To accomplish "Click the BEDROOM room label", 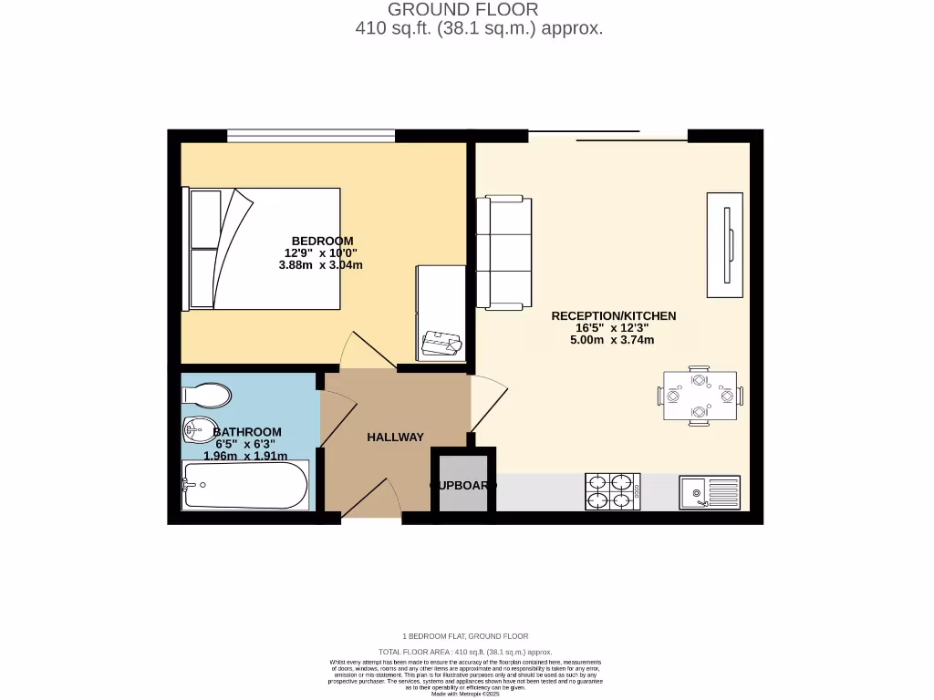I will [x=322, y=241].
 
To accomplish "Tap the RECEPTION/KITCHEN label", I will [x=614, y=316].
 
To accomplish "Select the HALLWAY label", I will [x=395, y=437].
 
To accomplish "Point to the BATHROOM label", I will [x=247, y=432].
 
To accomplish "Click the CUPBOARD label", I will [x=463, y=486].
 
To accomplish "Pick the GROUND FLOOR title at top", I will [x=463, y=10].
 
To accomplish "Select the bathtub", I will [x=244, y=484].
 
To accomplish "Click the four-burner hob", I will [x=612, y=491].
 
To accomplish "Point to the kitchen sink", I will [x=710, y=492].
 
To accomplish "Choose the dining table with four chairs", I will [x=700, y=396].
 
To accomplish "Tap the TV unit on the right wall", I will [x=725, y=244].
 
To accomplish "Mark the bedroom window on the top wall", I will [x=311, y=136].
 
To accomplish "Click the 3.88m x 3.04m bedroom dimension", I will [x=321, y=266].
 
